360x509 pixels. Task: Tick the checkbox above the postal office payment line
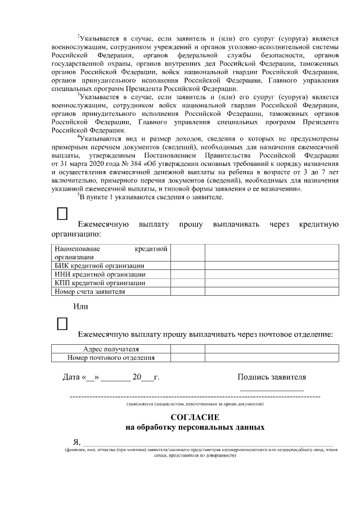(x=63, y=323)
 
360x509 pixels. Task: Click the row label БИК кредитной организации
(x=99, y=265)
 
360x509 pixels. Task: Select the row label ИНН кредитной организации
(x=100, y=274)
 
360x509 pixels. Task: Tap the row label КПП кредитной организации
(x=100, y=283)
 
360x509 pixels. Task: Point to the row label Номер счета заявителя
(x=89, y=291)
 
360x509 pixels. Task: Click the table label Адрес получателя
(x=111, y=349)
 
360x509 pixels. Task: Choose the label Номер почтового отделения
(x=111, y=357)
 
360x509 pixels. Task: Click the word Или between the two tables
(x=81, y=307)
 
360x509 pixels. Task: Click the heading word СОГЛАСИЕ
(x=195, y=417)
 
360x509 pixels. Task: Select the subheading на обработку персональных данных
(x=195, y=427)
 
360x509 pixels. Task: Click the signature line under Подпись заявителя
(x=272, y=390)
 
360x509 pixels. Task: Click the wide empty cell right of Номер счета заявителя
(x=272, y=291)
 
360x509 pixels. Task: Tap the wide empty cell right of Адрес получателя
(x=272, y=349)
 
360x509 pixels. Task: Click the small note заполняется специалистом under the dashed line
(x=195, y=404)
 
